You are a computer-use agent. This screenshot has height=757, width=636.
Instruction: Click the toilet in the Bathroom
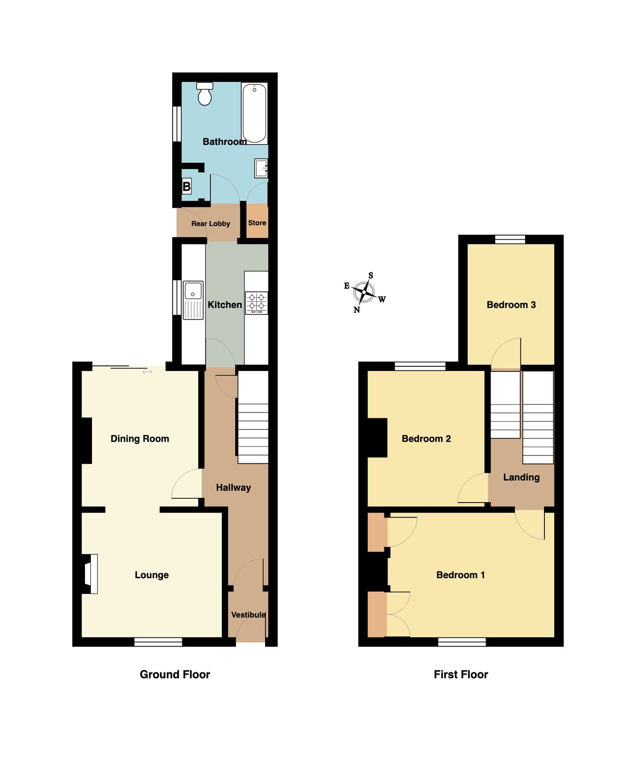205,94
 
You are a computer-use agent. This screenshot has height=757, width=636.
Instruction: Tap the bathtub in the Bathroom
254,113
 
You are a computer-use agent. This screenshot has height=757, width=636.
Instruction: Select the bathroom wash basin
261,169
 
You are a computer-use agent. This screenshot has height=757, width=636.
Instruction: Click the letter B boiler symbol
187,186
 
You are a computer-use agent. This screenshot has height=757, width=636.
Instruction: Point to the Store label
257,223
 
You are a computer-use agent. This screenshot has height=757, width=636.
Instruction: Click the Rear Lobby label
210,224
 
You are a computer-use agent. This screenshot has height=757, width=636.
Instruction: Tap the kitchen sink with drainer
193,299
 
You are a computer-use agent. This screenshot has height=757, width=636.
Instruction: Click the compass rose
364,292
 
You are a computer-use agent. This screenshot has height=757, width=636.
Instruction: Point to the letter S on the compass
371,275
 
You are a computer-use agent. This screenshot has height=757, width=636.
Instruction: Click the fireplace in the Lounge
91,574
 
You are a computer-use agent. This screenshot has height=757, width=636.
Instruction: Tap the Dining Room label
139,439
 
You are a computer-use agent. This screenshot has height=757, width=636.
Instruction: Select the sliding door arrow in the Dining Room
147,372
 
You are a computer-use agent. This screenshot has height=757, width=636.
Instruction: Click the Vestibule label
248,615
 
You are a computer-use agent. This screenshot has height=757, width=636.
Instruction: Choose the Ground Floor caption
175,675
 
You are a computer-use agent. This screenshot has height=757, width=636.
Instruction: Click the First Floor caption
461,675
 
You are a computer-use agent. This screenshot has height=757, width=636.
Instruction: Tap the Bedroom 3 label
511,305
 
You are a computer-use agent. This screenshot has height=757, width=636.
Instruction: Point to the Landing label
521,477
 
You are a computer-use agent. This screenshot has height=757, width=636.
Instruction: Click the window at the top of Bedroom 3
510,239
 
